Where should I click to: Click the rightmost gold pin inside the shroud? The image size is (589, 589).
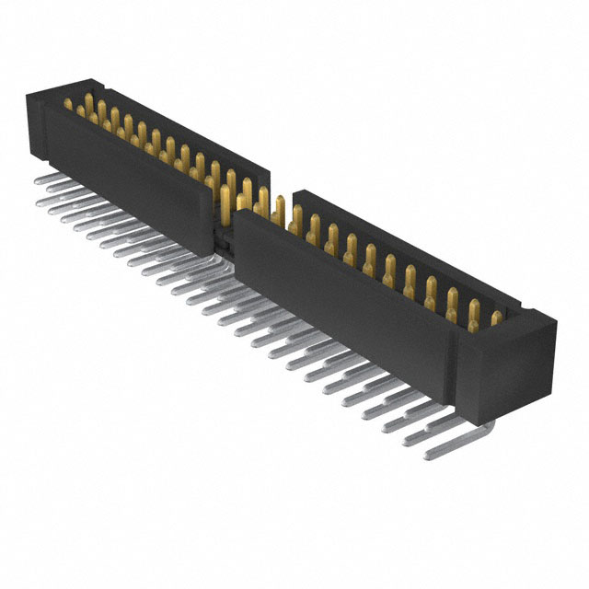click(497, 318)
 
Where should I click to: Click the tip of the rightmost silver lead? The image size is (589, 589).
click(428, 454)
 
